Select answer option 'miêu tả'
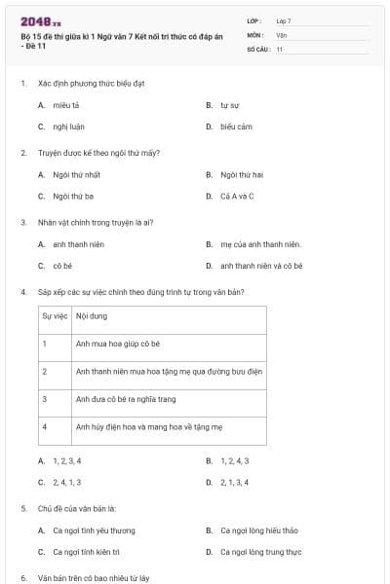[66, 104]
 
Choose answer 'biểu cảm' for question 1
[236, 127]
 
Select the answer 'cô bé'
[63, 266]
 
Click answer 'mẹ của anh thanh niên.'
[261, 244]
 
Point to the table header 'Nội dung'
[92, 316]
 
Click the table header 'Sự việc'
[53, 316]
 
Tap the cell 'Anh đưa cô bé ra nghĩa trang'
[126, 399]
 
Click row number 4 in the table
[45, 426]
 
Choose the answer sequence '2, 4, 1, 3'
[67, 482]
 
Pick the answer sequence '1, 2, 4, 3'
[235, 460]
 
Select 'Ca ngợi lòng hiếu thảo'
[259, 530]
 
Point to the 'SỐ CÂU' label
[256, 49]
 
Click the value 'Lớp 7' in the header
[284, 20]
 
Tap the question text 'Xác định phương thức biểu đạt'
[91, 83]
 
